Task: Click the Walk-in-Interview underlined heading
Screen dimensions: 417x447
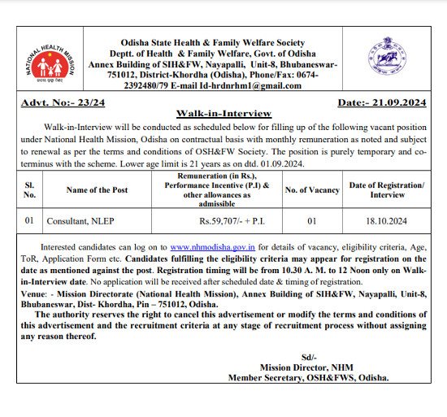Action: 223,113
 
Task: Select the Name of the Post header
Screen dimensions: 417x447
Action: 97,189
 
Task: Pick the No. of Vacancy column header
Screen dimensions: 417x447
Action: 311,189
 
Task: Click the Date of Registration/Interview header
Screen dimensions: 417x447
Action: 386,189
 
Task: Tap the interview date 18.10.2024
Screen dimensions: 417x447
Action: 386,220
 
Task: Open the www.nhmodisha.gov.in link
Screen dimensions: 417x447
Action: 214,246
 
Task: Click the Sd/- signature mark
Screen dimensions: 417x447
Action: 307,357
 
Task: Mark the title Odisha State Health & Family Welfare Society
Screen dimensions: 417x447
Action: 212,42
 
